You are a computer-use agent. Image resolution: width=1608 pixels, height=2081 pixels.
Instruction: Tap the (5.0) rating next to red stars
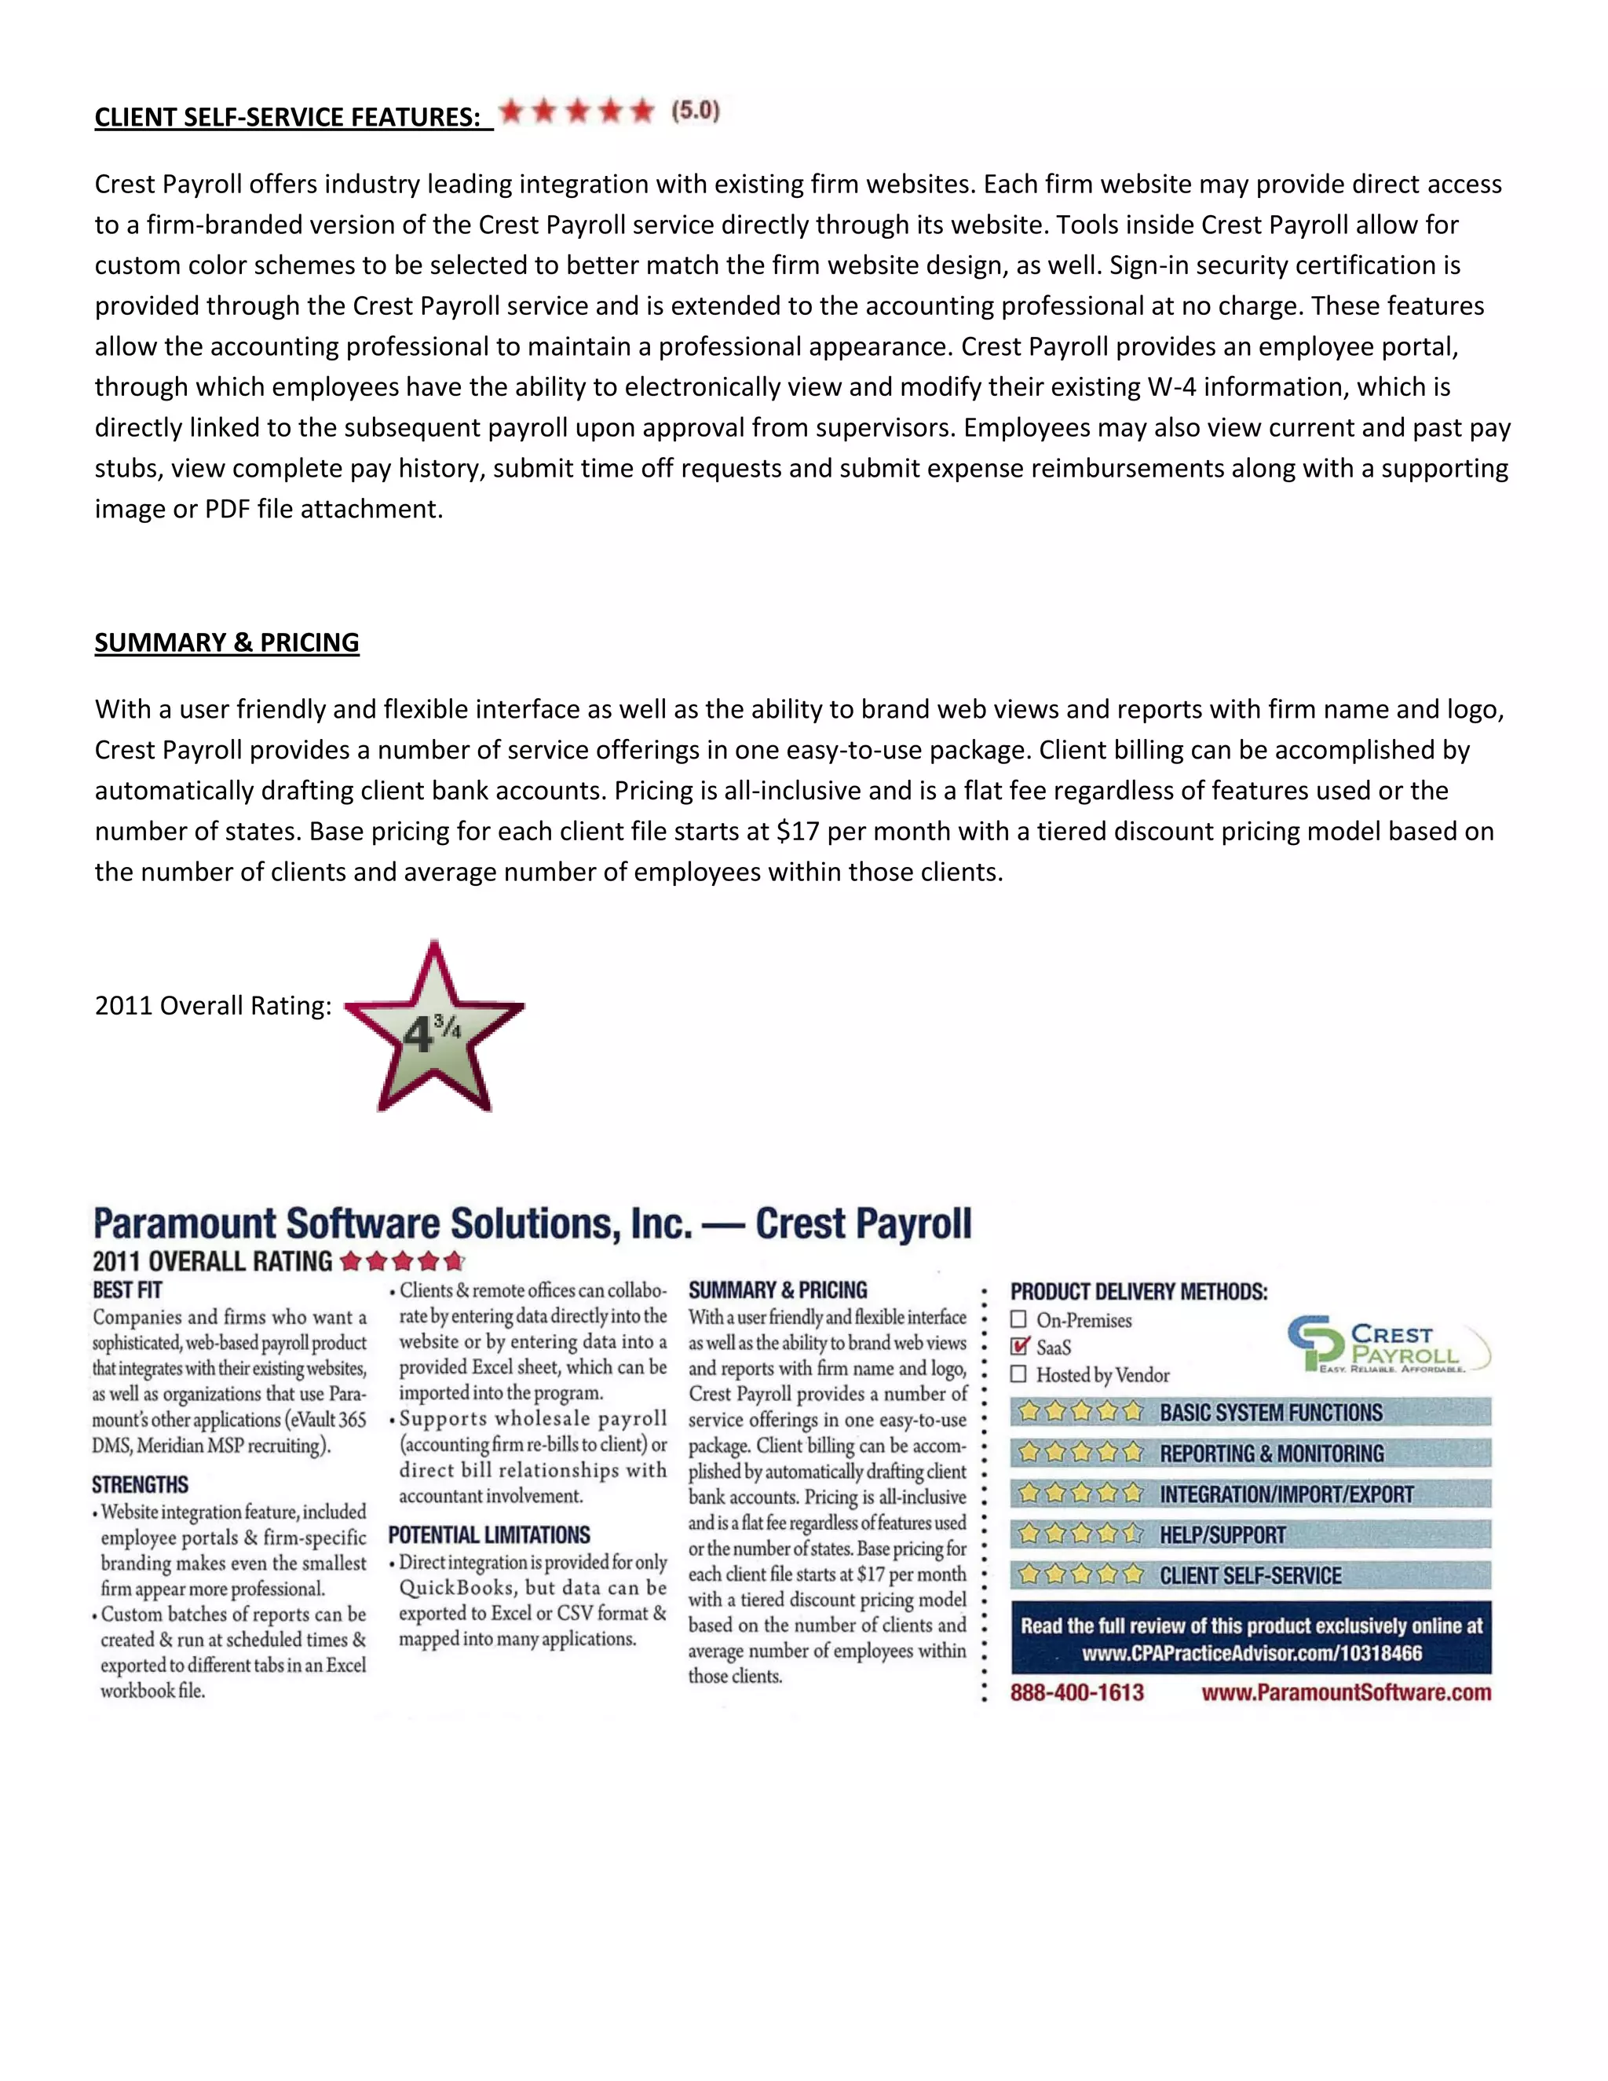point(696,111)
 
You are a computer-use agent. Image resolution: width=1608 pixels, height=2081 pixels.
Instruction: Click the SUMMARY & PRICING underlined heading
point(227,642)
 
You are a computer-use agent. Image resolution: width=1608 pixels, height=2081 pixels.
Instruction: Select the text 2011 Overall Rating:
point(213,1005)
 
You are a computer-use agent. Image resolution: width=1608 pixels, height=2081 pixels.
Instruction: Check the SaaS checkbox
point(1019,1346)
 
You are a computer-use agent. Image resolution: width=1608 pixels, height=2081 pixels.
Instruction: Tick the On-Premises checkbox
point(1018,1320)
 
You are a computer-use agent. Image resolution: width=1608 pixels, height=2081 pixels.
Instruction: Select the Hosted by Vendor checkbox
point(1018,1374)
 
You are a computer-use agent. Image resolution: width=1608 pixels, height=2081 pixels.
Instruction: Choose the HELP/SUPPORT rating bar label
point(1222,1535)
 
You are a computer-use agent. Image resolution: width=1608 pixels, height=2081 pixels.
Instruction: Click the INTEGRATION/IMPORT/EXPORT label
point(1286,1494)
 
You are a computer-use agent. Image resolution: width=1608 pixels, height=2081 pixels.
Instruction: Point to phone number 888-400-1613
point(1076,1692)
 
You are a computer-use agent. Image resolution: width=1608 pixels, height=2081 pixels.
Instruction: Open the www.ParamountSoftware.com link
point(1345,1692)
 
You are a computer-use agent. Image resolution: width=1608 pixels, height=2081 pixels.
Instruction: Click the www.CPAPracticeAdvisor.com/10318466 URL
point(1252,1652)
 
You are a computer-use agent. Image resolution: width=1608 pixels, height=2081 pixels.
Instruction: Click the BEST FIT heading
point(128,1290)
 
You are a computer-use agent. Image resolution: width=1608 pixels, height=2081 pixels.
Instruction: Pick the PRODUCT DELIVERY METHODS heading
point(1138,1292)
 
